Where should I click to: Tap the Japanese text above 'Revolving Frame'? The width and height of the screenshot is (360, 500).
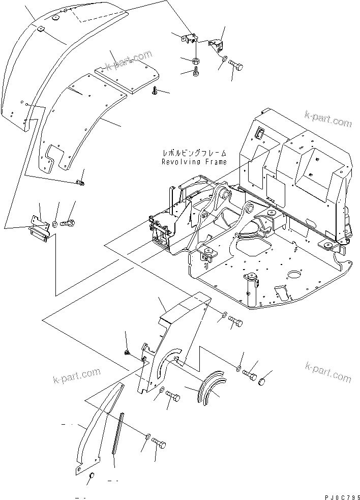(194, 153)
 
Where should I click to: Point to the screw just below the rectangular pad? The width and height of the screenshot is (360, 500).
(154, 92)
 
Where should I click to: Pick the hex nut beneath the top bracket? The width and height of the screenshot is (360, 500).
(196, 62)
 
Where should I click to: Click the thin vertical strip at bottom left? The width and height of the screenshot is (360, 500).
(118, 433)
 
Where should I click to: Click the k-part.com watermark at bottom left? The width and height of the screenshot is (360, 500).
(76, 375)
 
